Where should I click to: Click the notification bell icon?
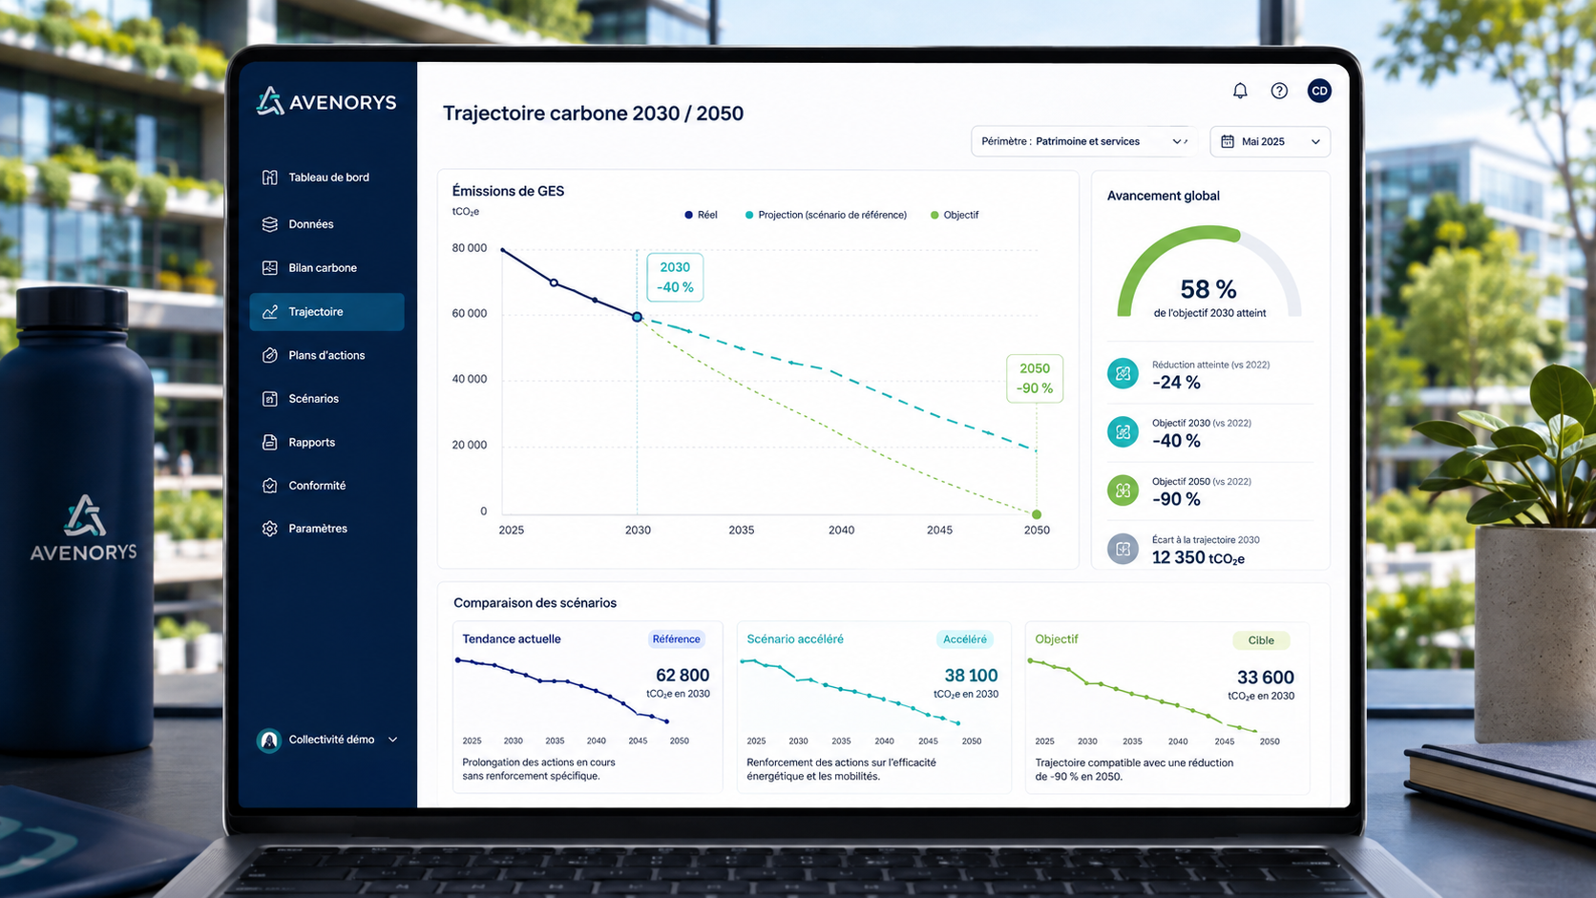point(1240,92)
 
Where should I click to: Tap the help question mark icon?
point(1279,92)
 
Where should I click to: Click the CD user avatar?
point(1319,92)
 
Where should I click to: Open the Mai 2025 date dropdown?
point(1270,142)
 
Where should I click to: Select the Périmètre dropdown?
point(1083,142)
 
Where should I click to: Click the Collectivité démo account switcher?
point(327,740)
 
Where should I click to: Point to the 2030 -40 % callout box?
point(675,277)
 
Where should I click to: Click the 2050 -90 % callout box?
point(1035,378)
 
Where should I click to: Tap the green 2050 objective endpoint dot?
point(1037,514)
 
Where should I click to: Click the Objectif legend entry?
point(955,215)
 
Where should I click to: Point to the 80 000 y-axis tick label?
point(470,248)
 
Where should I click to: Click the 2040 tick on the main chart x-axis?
point(842,530)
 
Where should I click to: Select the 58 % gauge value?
point(1208,289)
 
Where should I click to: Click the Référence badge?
point(676,639)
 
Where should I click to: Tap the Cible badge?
point(1261,640)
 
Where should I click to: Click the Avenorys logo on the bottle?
point(84,528)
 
